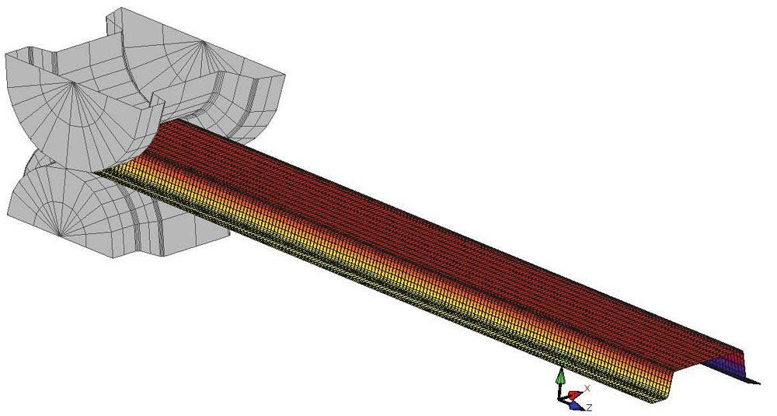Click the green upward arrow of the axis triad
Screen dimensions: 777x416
tap(560, 379)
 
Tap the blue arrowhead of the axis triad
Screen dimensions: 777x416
tap(574, 407)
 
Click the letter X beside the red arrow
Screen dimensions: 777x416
tap(587, 388)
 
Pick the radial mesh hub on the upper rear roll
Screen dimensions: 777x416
tap(204, 43)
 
